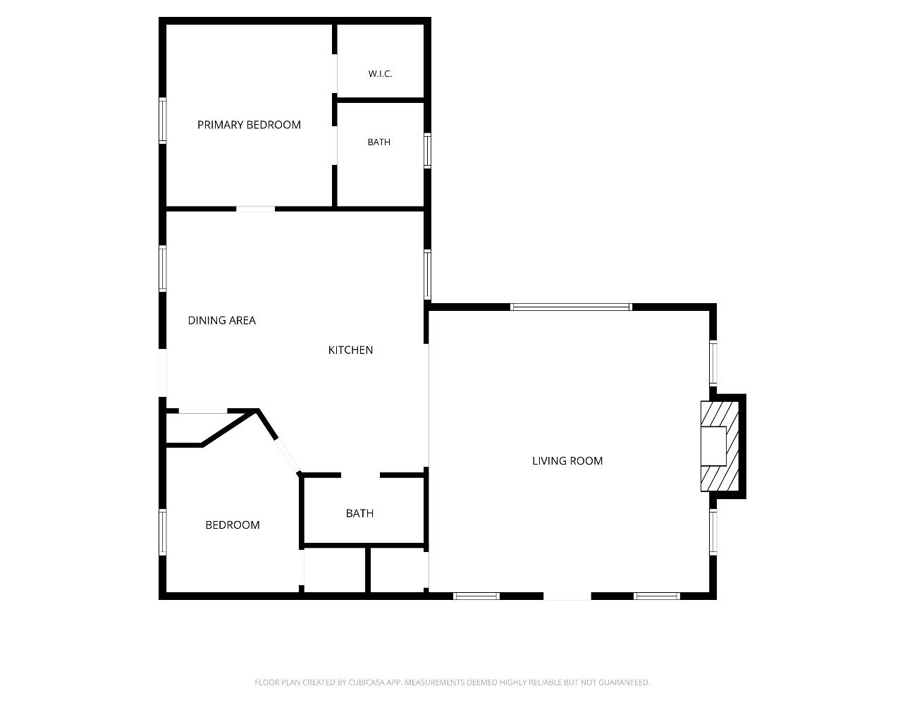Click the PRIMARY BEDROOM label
point(249,125)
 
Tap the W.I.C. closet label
point(380,74)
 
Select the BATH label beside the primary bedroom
point(379,142)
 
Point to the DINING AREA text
point(221,320)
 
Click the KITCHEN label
point(350,350)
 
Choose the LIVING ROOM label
point(567,460)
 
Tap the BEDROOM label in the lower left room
point(233,525)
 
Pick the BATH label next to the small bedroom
point(359,513)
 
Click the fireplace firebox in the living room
point(713,446)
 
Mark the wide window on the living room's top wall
point(571,307)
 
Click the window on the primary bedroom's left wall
point(163,121)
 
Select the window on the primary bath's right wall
point(427,150)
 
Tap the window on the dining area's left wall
point(163,269)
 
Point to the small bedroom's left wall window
point(163,532)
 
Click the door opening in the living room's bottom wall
point(567,596)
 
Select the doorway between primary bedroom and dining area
point(255,209)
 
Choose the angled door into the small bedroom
point(288,455)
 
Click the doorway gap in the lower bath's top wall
point(361,475)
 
